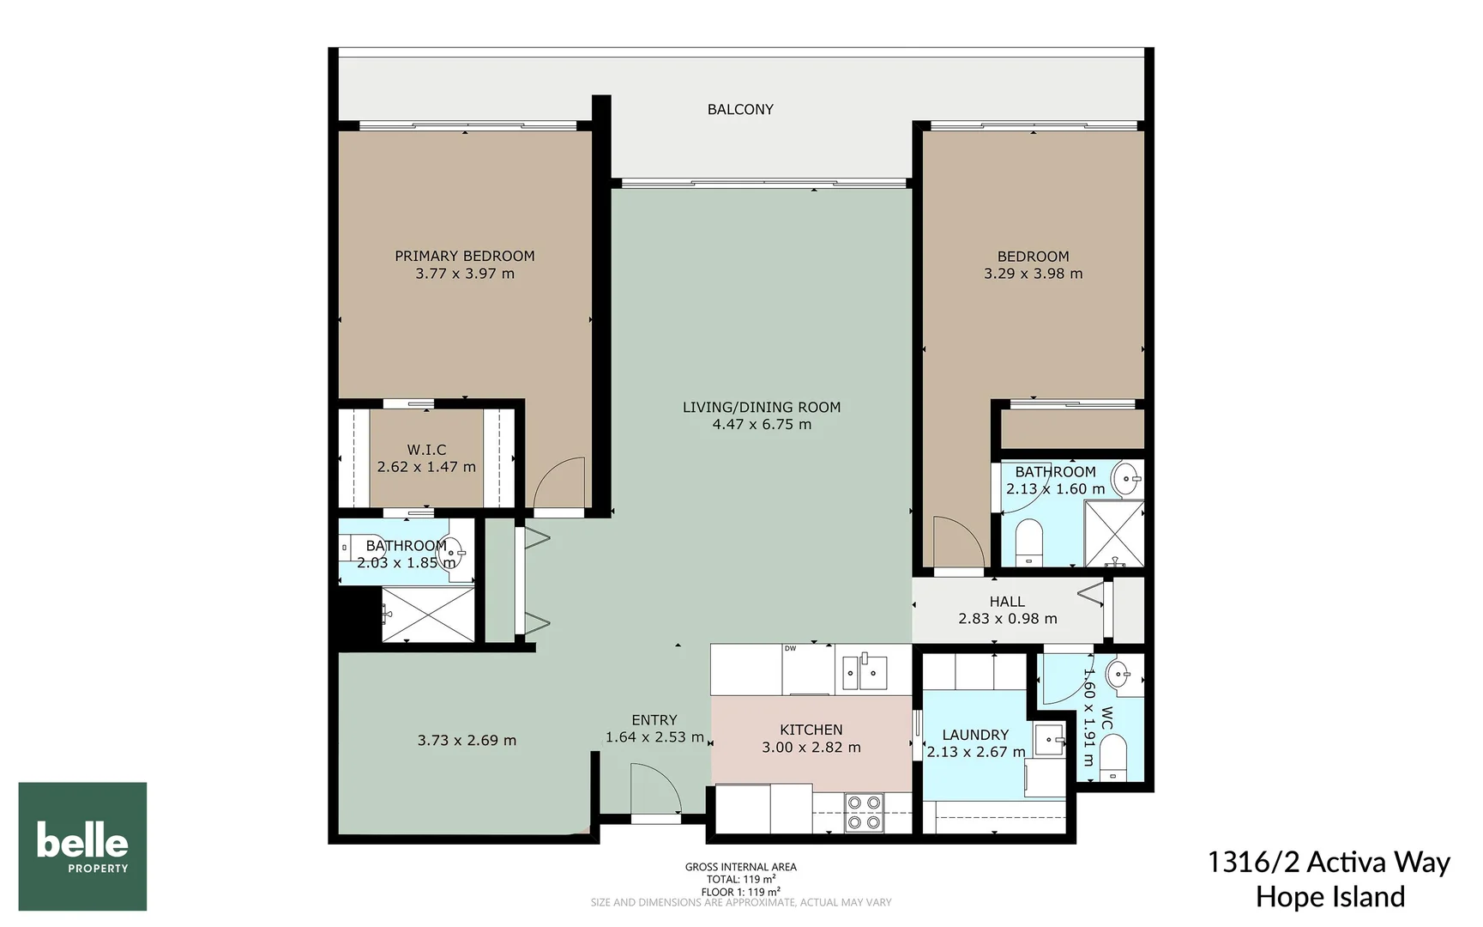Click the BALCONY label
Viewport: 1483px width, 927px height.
tap(740, 109)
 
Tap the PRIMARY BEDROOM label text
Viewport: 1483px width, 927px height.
tap(464, 256)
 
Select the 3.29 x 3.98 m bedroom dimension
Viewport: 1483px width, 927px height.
tap(1033, 274)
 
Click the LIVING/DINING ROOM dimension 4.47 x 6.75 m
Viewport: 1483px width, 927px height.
tap(762, 424)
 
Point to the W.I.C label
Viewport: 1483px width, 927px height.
tap(426, 450)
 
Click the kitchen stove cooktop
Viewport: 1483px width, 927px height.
tap(863, 812)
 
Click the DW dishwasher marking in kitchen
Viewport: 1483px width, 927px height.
tap(790, 649)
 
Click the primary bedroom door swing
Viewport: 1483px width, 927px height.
tap(559, 484)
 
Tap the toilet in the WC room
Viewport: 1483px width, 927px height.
tap(1112, 761)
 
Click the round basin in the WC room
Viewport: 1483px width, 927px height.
tap(1119, 675)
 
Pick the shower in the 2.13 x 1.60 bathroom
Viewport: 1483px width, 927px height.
tap(1113, 533)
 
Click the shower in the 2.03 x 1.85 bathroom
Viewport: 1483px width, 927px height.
tap(427, 614)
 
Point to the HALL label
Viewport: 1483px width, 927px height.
tap(1007, 602)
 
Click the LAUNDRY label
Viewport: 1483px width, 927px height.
tap(975, 735)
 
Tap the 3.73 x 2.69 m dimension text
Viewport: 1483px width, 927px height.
tap(467, 740)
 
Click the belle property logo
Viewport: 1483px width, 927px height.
tap(82, 845)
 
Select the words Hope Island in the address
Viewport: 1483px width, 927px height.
tap(1329, 897)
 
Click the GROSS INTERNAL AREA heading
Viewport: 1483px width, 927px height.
tap(740, 867)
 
